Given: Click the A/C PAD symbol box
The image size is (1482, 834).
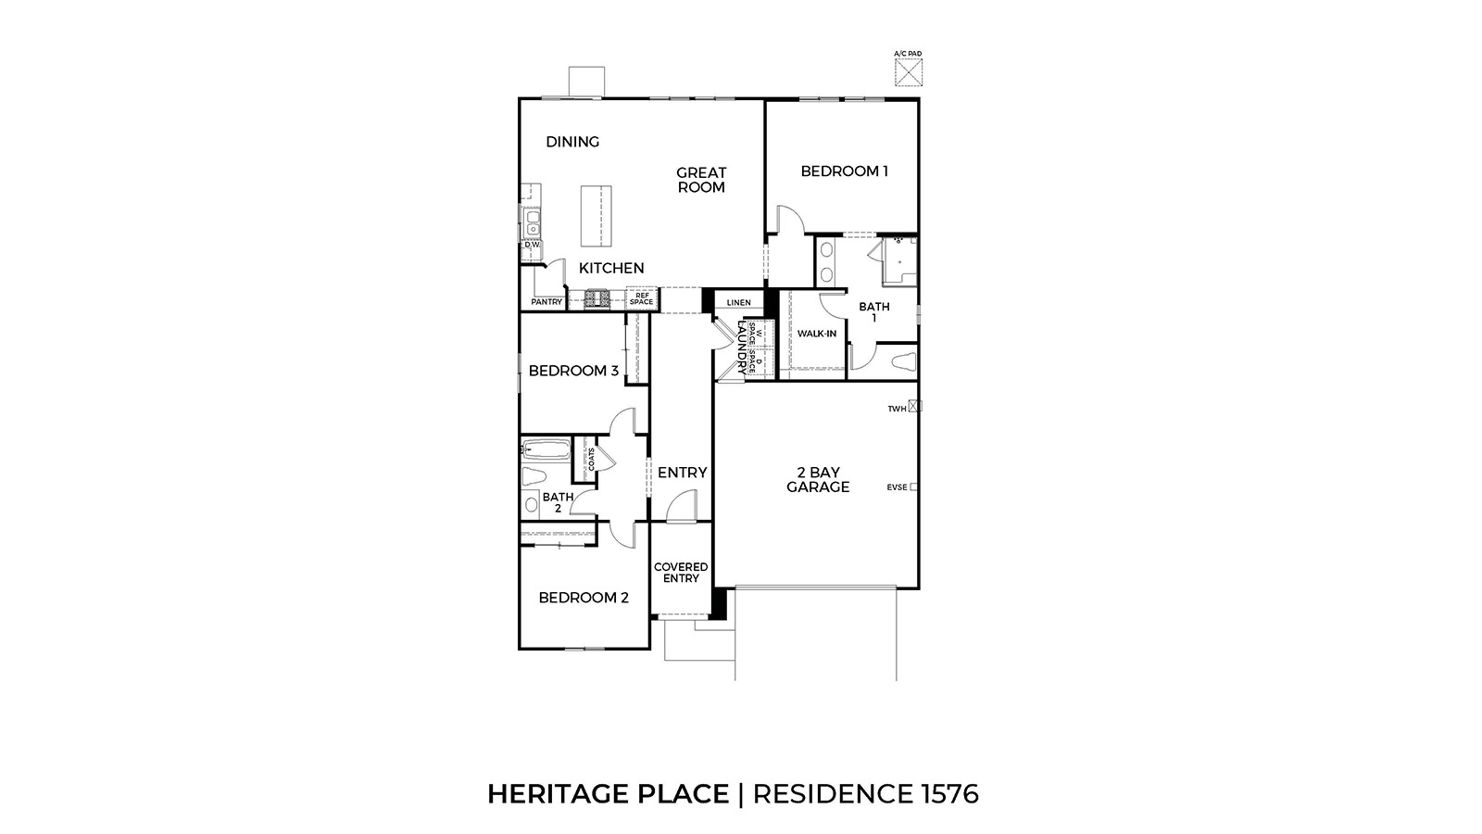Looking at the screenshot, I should tap(909, 72).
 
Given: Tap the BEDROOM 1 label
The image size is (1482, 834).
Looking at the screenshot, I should tap(844, 171).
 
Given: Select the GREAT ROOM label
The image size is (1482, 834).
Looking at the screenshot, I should tap(701, 180).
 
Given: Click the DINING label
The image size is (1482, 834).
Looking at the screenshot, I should tap(572, 142).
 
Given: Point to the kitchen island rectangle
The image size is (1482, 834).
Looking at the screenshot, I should tap(597, 216).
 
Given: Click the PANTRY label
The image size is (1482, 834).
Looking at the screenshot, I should tap(546, 302).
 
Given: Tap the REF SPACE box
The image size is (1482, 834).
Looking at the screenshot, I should tap(641, 298).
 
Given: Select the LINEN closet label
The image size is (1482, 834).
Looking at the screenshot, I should tap(738, 303).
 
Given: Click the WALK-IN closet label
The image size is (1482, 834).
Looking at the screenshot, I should tap(817, 334).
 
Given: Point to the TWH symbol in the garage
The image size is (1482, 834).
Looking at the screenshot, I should tap(915, 406).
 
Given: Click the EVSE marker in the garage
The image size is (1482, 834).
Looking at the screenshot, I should tap(913, 486).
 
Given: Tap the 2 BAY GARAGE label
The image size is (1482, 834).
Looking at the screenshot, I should tap(818, 480).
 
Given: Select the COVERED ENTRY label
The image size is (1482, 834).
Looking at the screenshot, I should tap(681, 573).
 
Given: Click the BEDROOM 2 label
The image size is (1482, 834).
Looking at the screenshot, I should tap(584, 598).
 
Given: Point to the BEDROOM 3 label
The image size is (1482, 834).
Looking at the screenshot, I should tap(573, 371).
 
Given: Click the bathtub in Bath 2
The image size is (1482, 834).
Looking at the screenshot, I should tap(546, 451).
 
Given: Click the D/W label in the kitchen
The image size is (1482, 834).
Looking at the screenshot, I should tap(532, 245).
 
